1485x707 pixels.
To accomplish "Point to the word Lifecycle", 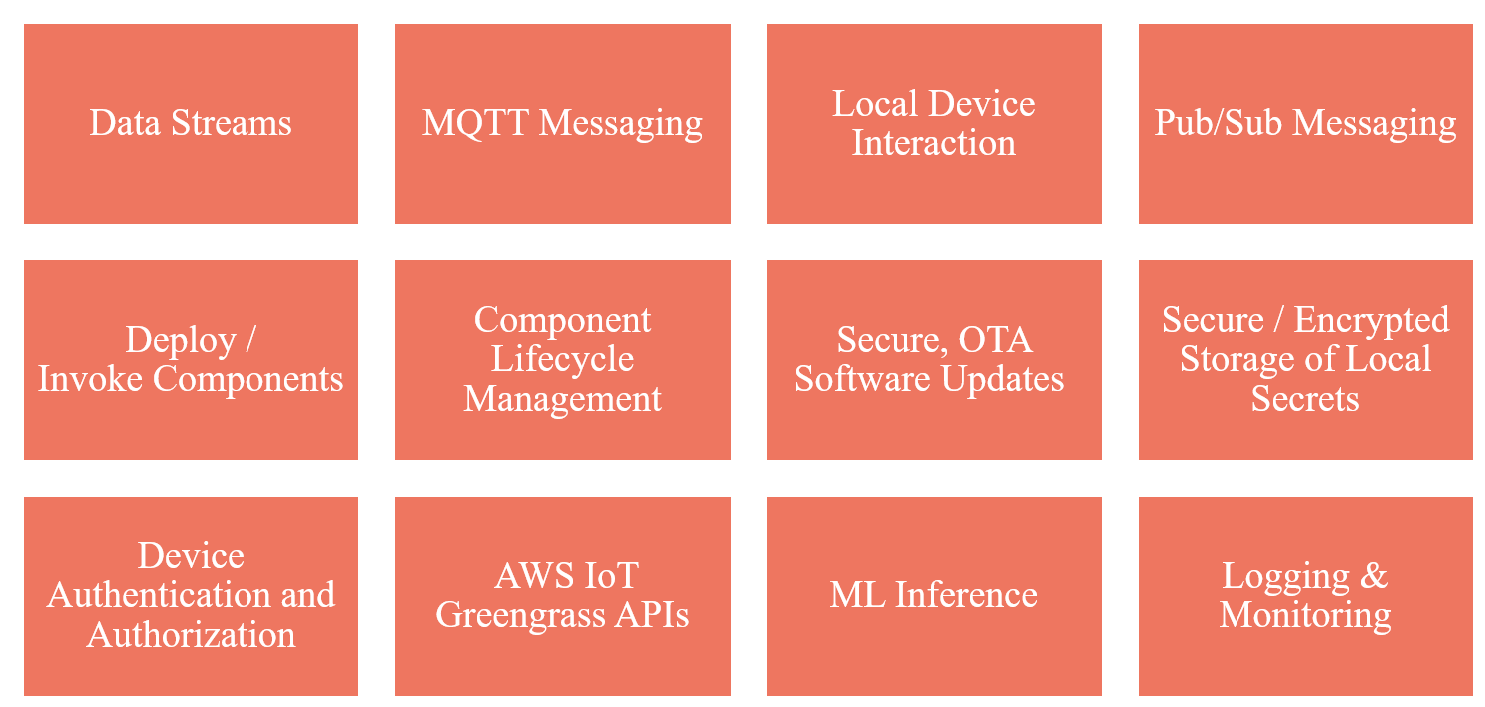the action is (x=562, y=359).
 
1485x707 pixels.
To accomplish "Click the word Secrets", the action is (x=1305, y=399).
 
